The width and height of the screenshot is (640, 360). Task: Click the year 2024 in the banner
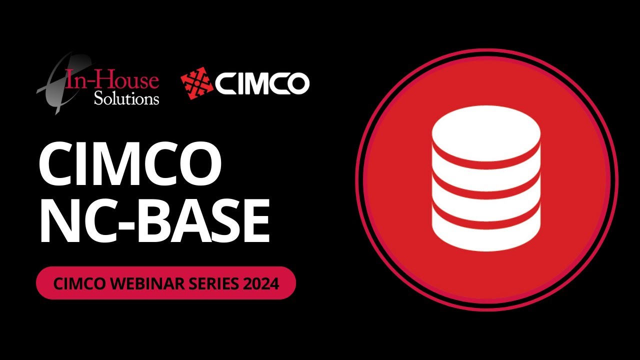click(261, 283)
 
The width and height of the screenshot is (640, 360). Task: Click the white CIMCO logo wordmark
click(262, 84)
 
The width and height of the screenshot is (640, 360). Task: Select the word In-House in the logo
click(112, 80)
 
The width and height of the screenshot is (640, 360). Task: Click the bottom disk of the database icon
click(486, 232)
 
